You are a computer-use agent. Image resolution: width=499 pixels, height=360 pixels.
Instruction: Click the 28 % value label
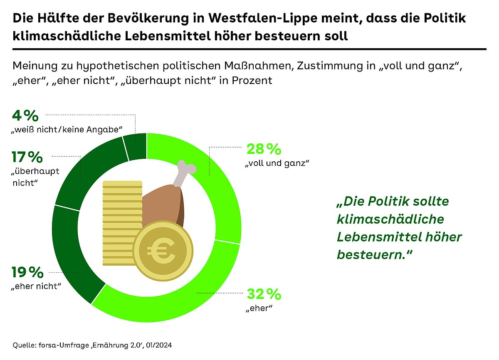pyautogui.click(x=264, y=149)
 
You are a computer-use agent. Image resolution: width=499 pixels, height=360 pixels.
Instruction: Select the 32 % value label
pyautogui.click(x=264, y=294)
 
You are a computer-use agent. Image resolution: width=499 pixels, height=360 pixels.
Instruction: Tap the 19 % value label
pyautogui.click(x=28, y=273)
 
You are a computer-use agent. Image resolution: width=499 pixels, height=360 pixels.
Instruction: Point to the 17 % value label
pyautogui.click(x=27, y=157)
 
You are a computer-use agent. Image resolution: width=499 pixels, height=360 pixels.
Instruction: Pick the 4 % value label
pyautogui.click(x=25, y=115)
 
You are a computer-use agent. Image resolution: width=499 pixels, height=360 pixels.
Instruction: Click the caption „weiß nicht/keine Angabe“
pyautogui.click(x=67, y=130)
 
